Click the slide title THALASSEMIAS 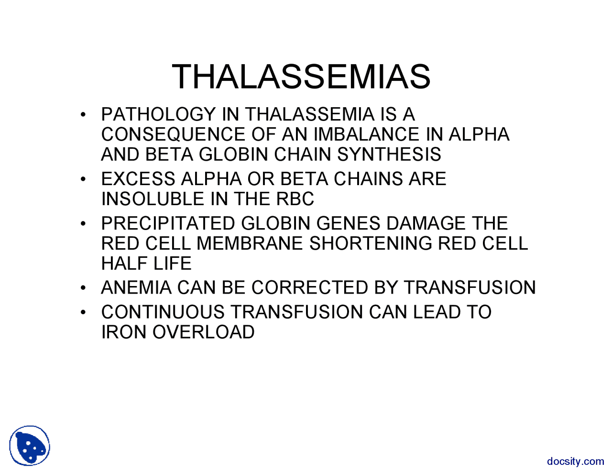tap(301, 77)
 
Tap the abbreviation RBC tap(295, 199)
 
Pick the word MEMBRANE tap(250, 244)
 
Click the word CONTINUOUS tap(163, 312)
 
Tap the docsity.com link tap(575, 462)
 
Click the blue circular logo tap(30, 446)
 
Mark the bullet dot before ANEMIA tap(83, 288)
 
